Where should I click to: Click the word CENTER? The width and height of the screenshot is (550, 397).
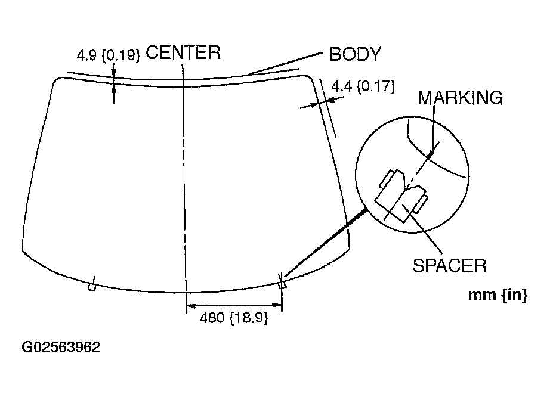[183, 52]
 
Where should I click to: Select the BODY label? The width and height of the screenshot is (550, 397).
[355, 54]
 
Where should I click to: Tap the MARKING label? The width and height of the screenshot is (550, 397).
[460, 97]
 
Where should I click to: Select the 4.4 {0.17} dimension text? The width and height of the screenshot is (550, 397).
[363, 86]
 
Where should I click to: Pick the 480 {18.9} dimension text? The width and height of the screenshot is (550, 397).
[233, 318]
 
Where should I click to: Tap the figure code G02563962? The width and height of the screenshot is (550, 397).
[61, 347]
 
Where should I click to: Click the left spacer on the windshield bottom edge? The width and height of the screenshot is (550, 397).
[91, 286]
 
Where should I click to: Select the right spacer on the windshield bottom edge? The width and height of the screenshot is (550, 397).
[282, 284]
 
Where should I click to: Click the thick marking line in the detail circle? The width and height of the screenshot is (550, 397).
[431, 153]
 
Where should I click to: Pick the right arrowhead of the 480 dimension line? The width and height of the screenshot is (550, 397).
[277, 307]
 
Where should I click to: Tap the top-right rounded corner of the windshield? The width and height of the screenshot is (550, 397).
[309, 77]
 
